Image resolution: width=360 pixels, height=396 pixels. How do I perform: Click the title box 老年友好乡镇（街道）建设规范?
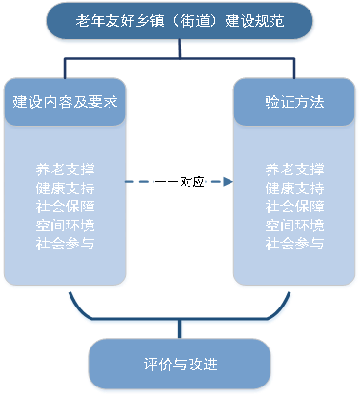coord(180,21)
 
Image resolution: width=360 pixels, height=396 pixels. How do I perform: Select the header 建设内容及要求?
coord(66,101)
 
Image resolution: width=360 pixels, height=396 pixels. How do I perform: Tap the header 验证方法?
coord(293,101)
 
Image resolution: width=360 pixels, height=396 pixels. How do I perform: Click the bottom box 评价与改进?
coord(180,365)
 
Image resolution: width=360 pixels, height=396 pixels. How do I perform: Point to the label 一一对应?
coord(179,180)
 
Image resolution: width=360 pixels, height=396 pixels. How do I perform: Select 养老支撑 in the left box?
coord(66,170)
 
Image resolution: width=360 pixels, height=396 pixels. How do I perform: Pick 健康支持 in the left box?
coord(66,188)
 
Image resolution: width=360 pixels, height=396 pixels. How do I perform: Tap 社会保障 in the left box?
coord(66,207)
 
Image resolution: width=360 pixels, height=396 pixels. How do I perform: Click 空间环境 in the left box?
coord(66,225)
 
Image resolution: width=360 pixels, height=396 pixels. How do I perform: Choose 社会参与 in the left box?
coord(66,243)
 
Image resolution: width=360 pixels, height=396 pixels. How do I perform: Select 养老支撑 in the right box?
coord(294,170)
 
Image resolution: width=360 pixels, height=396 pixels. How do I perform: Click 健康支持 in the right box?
coord(294,188)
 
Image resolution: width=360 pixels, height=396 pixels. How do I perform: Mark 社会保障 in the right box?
coord(294,207)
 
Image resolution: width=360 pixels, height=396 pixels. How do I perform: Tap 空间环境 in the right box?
coord(294,225)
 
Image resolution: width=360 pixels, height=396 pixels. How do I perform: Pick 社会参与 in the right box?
coord(294,243)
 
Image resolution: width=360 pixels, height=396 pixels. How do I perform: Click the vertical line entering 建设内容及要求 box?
coord(66,69)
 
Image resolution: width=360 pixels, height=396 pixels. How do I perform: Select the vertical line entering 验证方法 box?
coord(294,69)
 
